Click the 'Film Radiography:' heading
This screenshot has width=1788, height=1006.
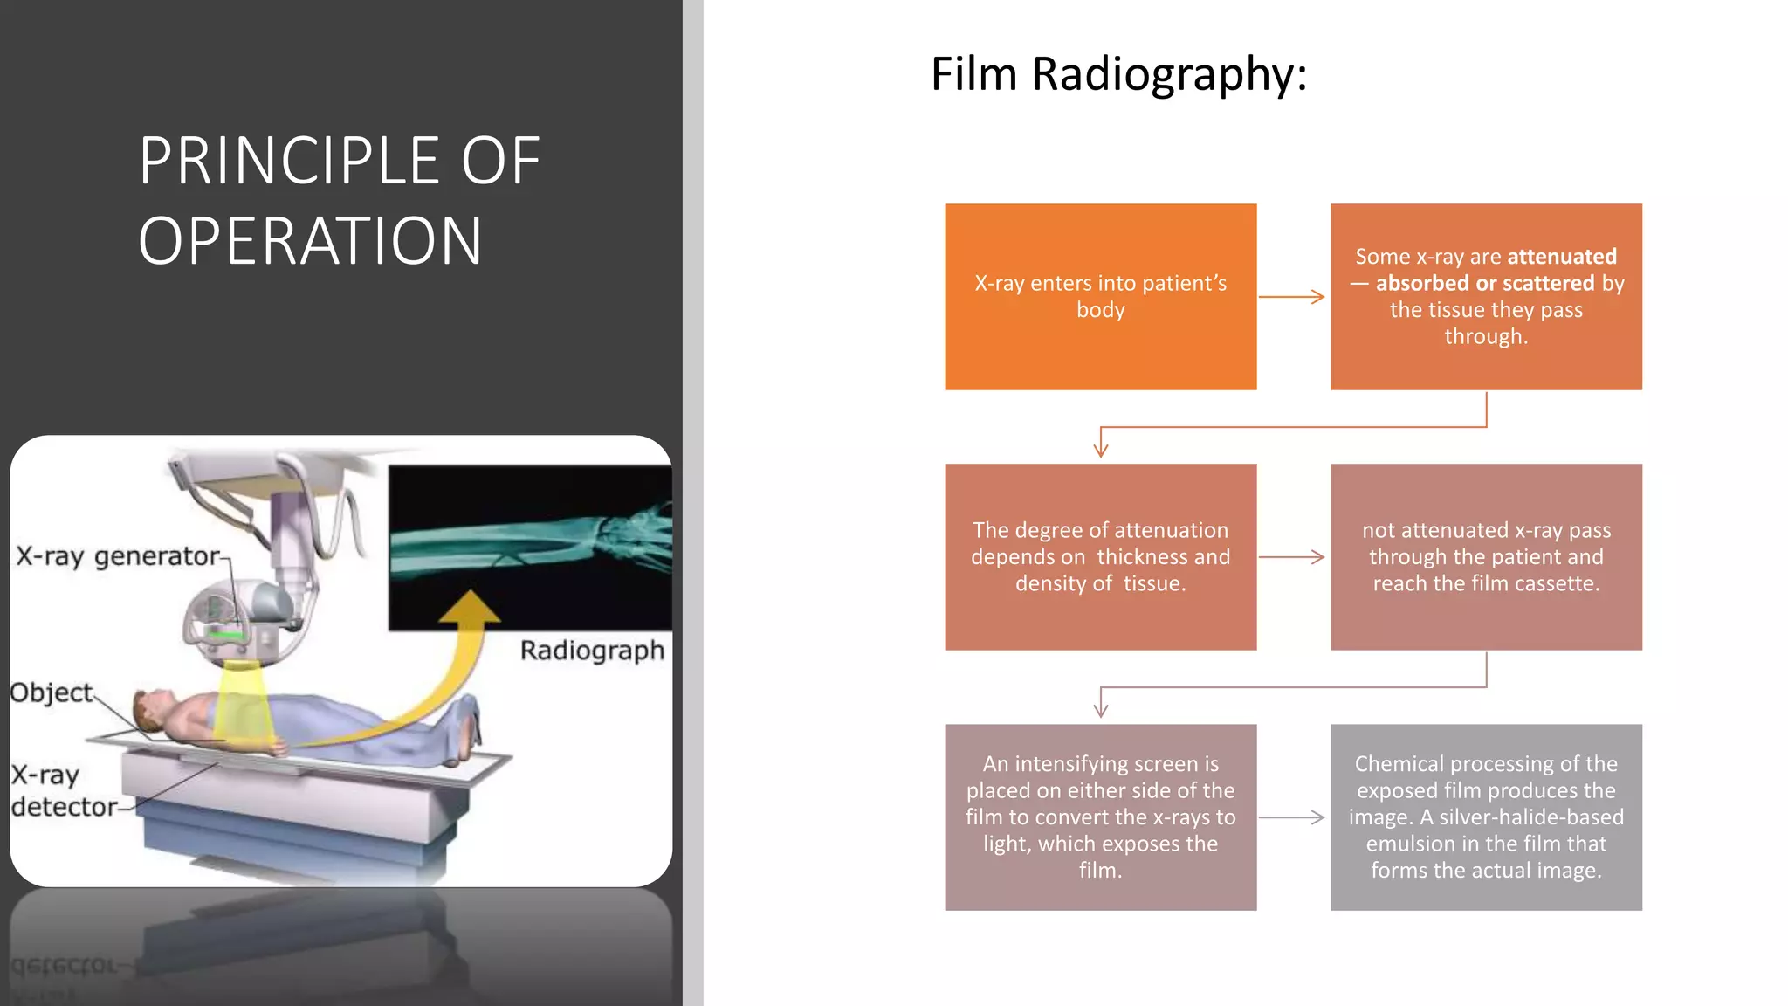1118,74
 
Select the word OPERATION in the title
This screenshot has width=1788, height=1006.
310,241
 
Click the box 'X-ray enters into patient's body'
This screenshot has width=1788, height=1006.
1100,297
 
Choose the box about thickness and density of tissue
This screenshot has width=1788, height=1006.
1100,557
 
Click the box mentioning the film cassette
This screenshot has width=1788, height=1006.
1485,557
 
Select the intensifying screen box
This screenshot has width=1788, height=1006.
1100,817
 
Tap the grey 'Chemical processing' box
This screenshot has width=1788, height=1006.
1485,817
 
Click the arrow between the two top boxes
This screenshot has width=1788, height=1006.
1292,297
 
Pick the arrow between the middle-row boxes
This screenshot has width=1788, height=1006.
1292,557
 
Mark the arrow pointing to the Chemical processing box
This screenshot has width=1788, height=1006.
1292,817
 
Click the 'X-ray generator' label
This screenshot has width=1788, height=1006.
119,556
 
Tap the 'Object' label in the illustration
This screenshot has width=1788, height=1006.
51,692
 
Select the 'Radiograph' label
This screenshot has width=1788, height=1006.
592,651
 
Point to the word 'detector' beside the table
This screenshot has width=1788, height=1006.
64,807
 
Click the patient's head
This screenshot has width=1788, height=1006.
153,706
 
